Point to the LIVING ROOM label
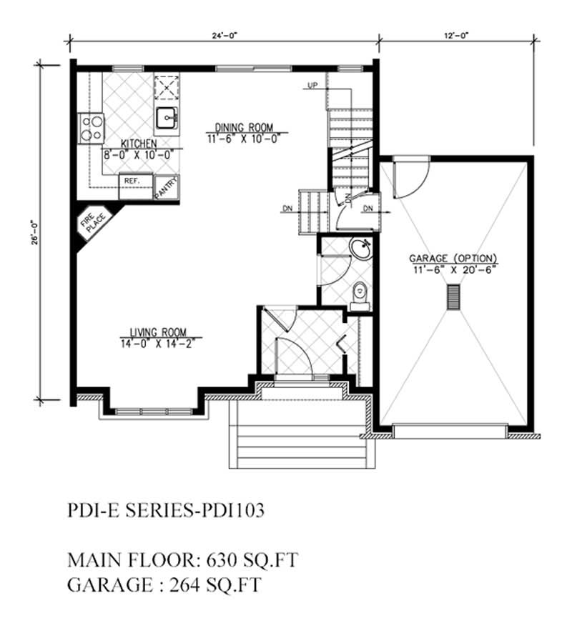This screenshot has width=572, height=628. (x=158, y=332)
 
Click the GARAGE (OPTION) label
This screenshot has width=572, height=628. (x=453, y=258)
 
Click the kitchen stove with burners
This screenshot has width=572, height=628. (x=92, y=129)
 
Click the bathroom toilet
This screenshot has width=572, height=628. (x=360, y=293)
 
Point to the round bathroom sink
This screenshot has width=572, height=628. (x=360, y=250)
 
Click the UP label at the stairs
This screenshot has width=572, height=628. (x=312, y=86)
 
